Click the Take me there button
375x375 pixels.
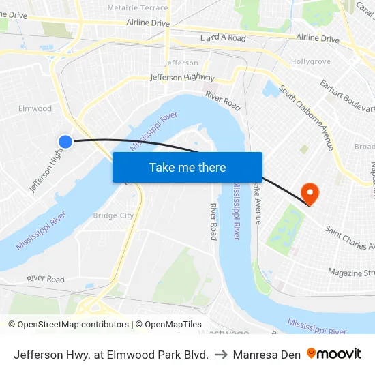[x=187, y=167]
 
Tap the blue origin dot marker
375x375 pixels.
[x=65, y=141]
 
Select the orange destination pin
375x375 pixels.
[x=310, y=194]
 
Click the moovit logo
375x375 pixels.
[x=333, y=354]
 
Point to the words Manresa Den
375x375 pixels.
[x=267, y=355]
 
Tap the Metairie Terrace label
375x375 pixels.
[x=137, y=7]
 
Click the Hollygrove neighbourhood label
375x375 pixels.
[x=310, y=61]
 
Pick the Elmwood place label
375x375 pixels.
[x=35, y=108]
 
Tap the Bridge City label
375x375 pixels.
[x=113, y=215]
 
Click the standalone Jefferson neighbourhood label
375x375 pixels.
[x=181, y=63]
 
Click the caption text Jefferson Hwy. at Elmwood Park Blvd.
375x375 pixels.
[x=111, y=355]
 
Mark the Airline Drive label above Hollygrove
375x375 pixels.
[x=317, y=39]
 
